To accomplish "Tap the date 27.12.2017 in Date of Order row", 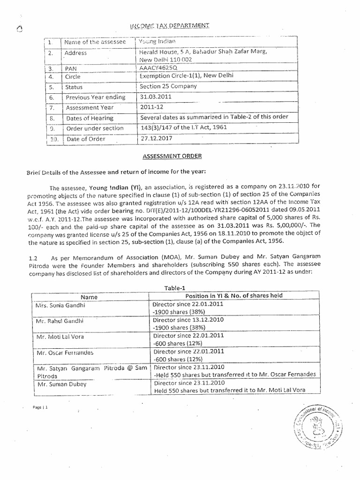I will (154, 138).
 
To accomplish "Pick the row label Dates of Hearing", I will (90, 118).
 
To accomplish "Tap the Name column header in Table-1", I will (89, 297).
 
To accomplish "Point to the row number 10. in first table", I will (54, 139).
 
